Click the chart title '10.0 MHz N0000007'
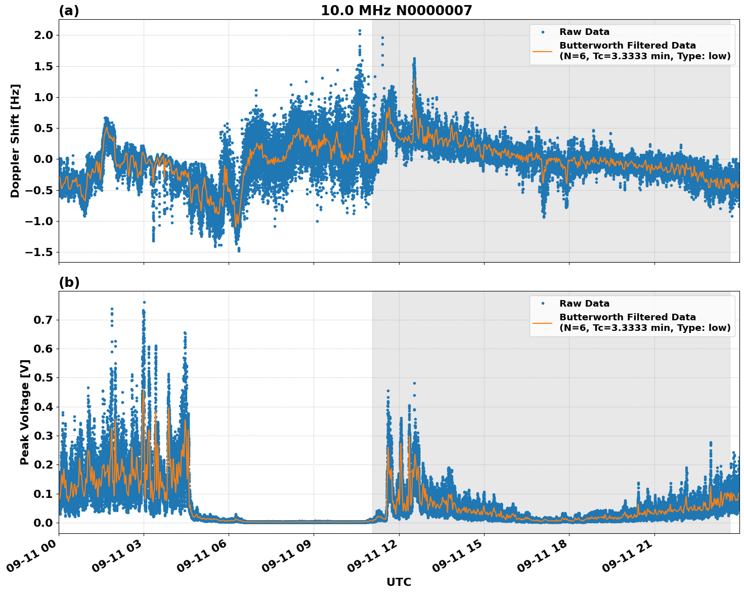pos(396,11)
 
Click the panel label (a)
pos(69,11)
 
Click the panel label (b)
pos(69,282)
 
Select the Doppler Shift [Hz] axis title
pos(15,141)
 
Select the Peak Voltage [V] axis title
pos(25,412)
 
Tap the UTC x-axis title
pos(399,582)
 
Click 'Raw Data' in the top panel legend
pos(584,32)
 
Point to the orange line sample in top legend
pos(542,51)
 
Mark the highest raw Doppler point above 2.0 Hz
pos(360,31)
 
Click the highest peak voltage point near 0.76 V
pos(144,302)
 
